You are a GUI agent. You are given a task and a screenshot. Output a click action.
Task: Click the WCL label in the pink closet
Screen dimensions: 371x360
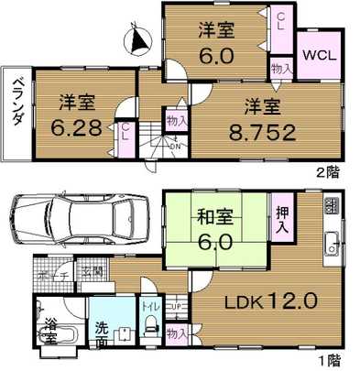pos(319,54)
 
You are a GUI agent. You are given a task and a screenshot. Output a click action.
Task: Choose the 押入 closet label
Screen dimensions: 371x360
pos(283,217)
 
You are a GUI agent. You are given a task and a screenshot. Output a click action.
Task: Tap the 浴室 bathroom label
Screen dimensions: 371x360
pos(50,331)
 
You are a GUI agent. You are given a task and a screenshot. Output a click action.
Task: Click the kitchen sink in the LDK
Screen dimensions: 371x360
pos(333,244)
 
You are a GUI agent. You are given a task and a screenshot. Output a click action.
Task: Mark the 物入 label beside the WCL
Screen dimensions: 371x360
pos(281,67)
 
